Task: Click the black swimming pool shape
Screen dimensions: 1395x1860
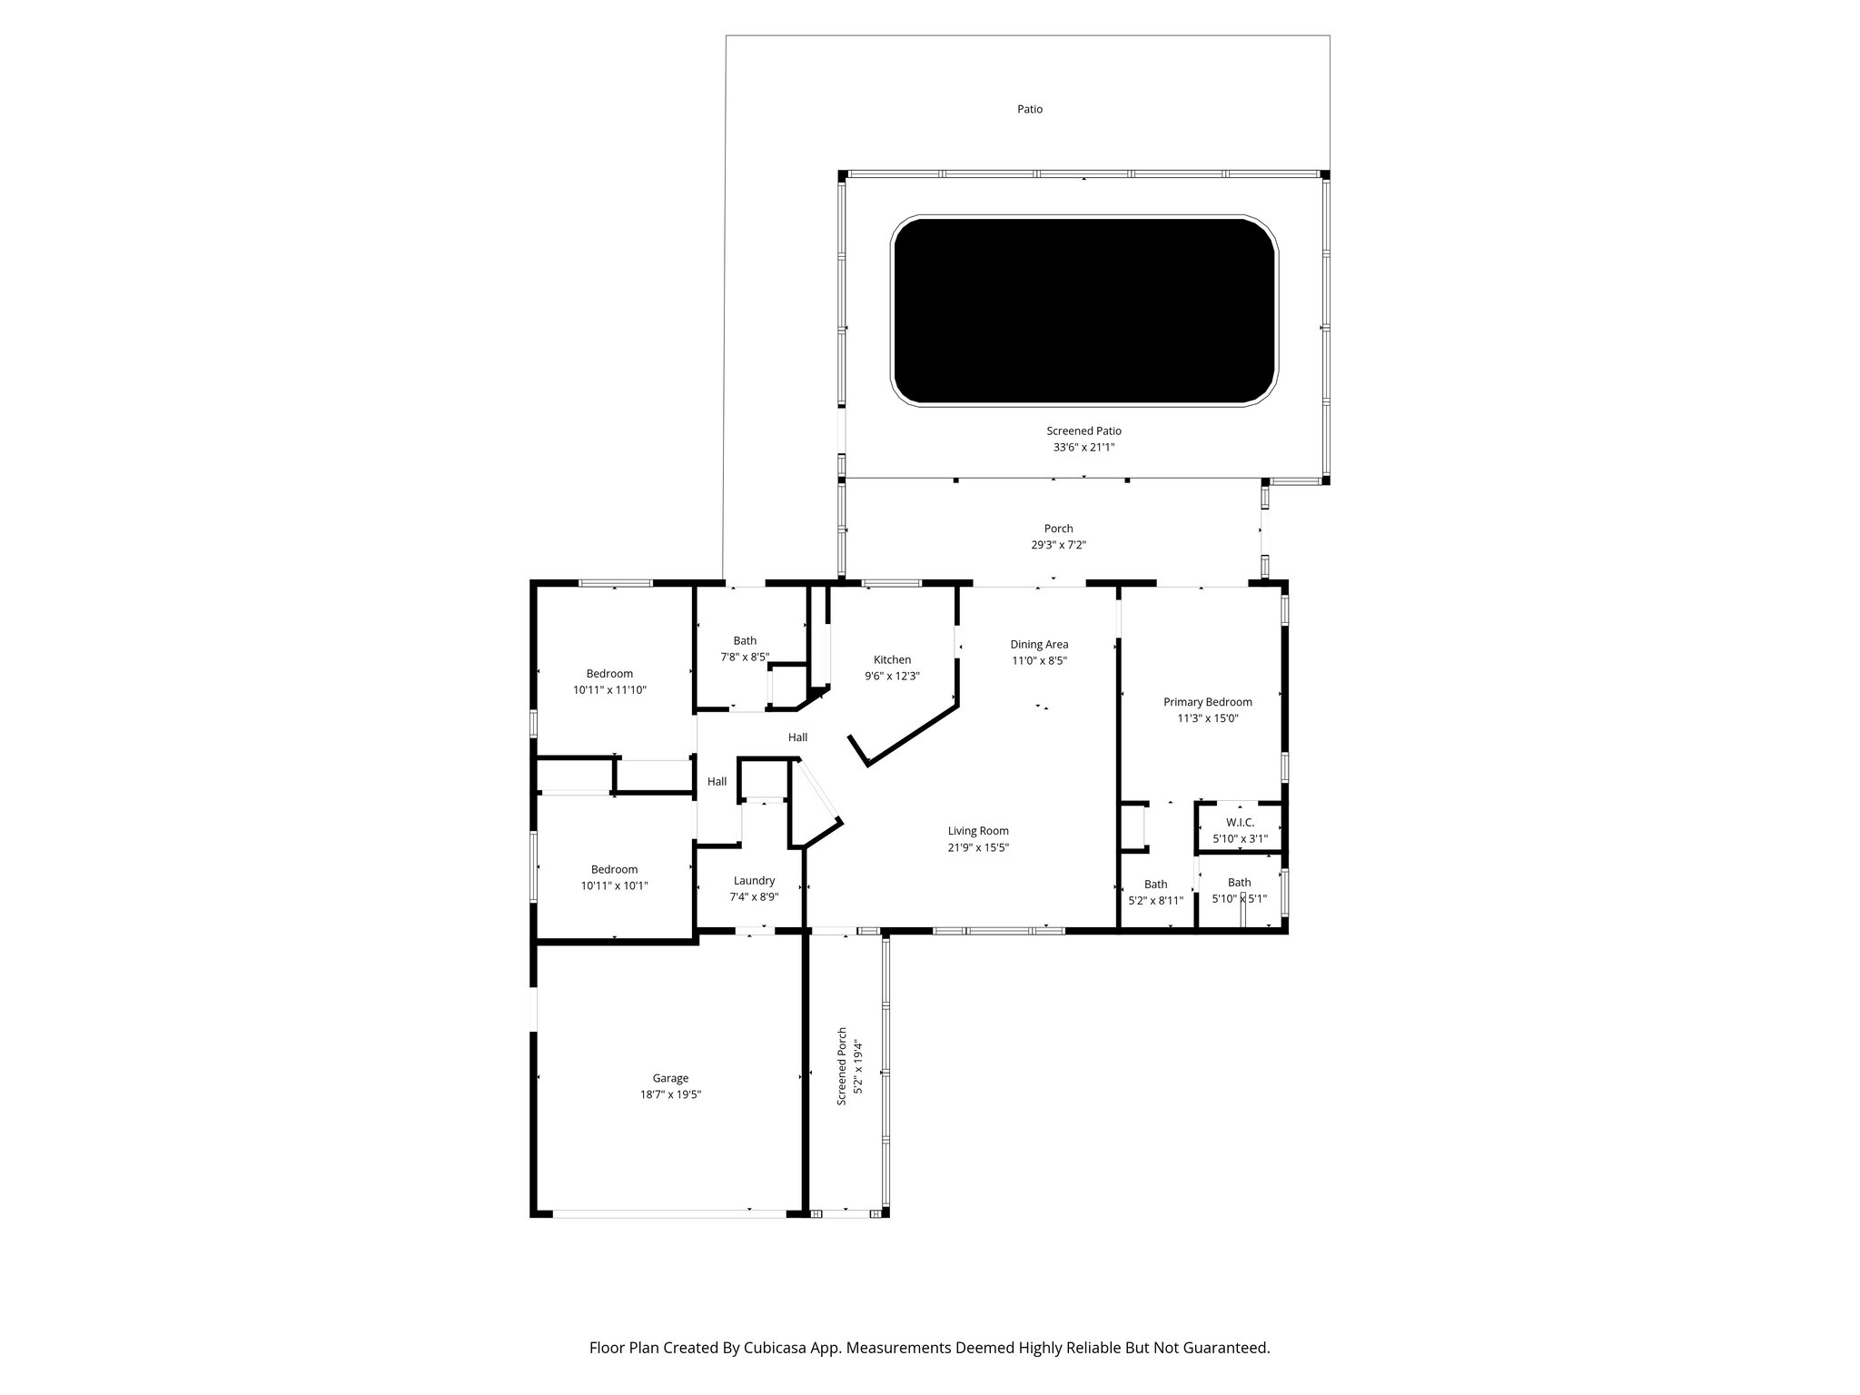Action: tap(1084, 310)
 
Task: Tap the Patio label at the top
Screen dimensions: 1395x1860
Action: tap(1029, 109)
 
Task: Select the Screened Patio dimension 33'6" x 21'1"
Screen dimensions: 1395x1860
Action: tap(1083, 448)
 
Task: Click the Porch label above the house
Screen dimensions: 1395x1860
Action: tap(1058, 529)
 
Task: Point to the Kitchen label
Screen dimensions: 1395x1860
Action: tap(892, 660)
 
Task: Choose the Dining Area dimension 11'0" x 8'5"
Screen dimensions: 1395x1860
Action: tap(1039, 661)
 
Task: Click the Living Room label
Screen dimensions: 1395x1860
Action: tap(978, 831)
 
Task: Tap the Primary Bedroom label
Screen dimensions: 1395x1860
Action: tap(1207, 702)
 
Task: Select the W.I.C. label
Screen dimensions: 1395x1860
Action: tap(1240, 822)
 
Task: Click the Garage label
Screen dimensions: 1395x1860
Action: tap(670, 1079)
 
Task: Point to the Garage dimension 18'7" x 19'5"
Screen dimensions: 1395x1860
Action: tap(670, 1095)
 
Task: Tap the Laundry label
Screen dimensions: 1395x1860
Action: tap(754, 881)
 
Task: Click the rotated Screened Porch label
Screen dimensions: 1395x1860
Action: tap(842, 1066)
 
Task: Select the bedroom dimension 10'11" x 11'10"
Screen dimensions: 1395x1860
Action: tap(609, 690)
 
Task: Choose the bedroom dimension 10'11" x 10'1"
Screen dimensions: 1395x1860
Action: tap(614, 885)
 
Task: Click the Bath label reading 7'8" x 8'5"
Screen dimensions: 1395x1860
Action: tap(745, 641)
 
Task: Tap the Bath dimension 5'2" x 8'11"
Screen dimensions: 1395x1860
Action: tap(1155, 901)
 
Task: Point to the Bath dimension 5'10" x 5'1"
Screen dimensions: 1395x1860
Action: tap(1239, 899)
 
